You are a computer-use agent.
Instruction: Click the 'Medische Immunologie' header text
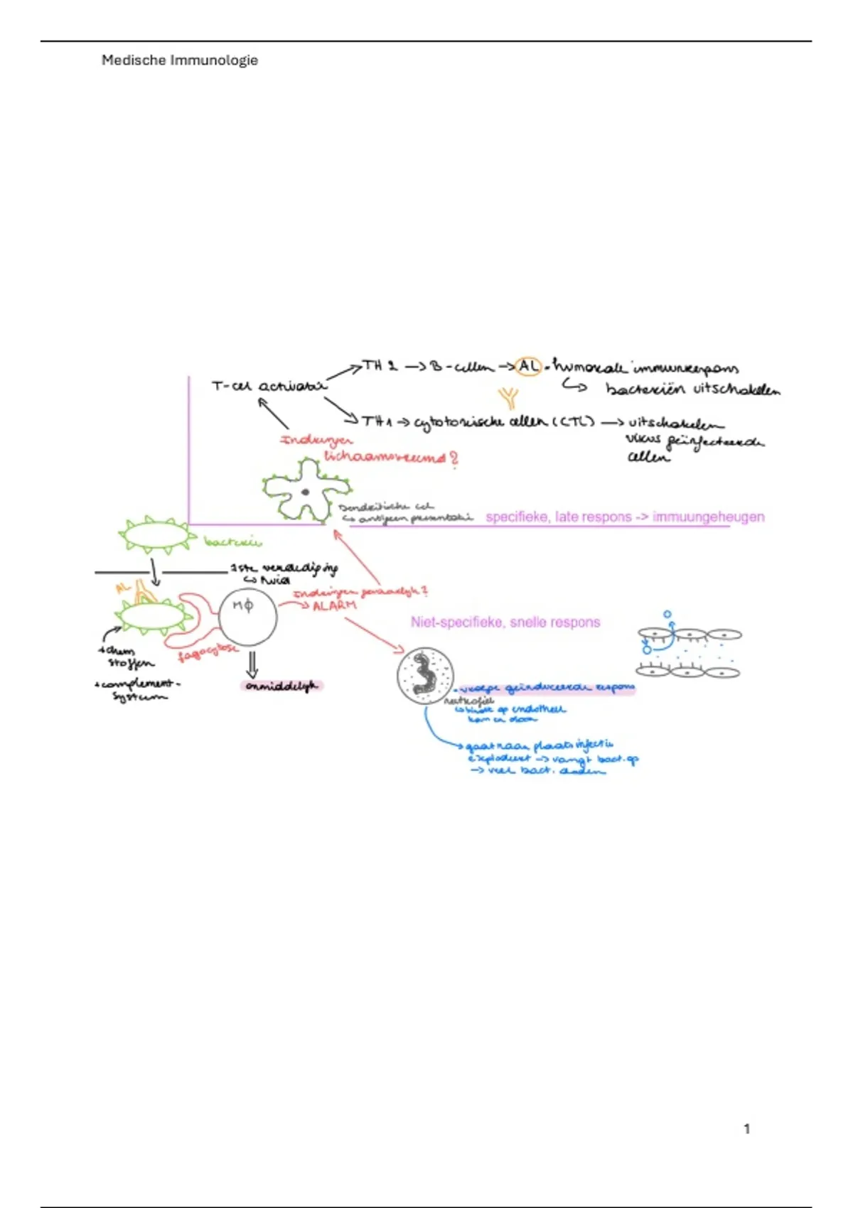pos(179,60)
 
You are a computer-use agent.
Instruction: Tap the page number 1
pos(746,1128)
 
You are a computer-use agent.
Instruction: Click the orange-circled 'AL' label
pos(528,366)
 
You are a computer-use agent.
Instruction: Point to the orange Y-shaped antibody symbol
pos(508,397)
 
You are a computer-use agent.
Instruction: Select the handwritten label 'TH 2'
pos(380,366)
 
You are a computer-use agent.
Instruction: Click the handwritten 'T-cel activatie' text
pos(269,386)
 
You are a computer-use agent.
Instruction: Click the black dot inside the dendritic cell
pos(305,492)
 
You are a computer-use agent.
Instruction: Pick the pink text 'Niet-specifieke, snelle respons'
pos(505,622)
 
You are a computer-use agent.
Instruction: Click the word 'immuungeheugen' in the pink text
pos(709,517)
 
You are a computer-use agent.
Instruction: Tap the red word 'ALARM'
pos(334,605)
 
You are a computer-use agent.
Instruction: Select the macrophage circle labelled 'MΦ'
pos(247,616)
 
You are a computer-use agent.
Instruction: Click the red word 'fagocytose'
pos(208,652)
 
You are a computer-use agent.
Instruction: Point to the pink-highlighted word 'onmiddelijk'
pos(281,686)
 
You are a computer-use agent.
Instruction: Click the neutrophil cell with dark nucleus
pos(425,676)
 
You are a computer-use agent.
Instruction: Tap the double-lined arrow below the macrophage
pos(252,664)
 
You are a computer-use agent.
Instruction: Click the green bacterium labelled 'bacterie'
pos(156,535)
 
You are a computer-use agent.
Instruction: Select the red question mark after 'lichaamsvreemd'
pos(454,458)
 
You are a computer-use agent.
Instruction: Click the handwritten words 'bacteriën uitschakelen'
pos(692,389)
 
